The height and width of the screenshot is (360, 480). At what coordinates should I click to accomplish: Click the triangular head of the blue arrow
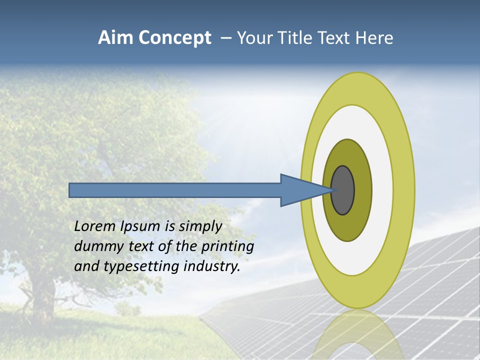pos(300,190)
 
